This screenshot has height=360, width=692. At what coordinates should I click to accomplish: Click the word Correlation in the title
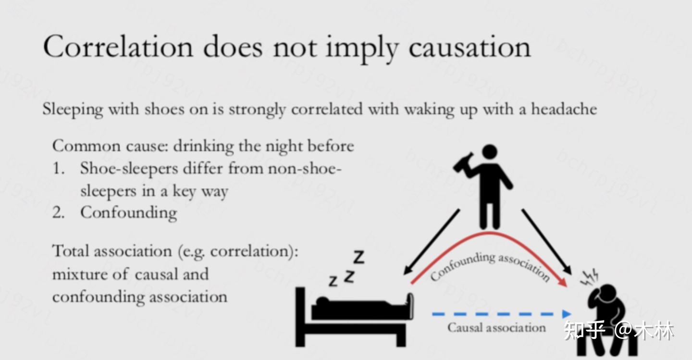coord(118,46)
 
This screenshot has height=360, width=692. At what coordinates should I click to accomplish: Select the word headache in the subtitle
coord(564,109)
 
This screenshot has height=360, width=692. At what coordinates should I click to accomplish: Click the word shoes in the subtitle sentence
coord(164,109)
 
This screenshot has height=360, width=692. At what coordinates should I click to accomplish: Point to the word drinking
coord(203,146)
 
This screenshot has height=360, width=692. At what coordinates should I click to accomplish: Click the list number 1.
coord(59,168)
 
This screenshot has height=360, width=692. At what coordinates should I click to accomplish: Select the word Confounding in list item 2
coord(128,212)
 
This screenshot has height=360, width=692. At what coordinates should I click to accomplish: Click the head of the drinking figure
coord(490,152)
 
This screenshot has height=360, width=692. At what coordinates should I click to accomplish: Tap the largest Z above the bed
coord(358,257)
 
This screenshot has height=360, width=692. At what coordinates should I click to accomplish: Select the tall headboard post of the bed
coord(300,317)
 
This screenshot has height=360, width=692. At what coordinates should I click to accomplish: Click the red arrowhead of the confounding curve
coord(563,282)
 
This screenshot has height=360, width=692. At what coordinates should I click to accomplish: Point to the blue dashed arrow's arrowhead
coord(566,314)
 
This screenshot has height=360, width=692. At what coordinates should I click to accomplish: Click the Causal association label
coord(496,327)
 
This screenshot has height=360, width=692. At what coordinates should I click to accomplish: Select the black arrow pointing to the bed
coord(432,242)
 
